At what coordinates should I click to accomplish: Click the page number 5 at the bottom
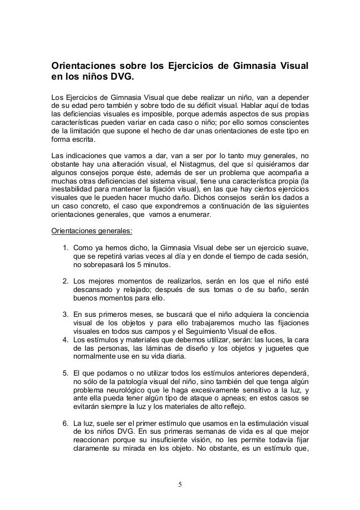coord(179,483)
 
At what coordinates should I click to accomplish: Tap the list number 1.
coord(65,247)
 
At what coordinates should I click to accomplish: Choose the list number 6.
coord(65,423)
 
